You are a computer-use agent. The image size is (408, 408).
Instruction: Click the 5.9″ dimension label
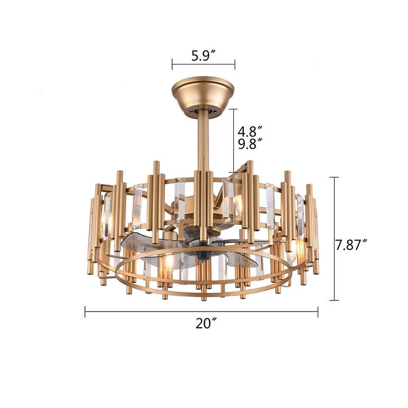(x=204, y=56)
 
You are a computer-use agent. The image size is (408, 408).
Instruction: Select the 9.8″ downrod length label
(x=249, y=144)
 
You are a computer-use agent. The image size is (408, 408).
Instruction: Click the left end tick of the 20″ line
(x=85, y=312)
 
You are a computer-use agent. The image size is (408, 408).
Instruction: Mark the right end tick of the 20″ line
(x=318, y=312)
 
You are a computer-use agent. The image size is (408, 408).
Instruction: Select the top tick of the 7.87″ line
(x=334, y=177)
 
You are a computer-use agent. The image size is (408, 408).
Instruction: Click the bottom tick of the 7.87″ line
(x=334, y=300)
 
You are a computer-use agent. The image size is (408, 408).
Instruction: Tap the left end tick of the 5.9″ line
(x=172, y=65)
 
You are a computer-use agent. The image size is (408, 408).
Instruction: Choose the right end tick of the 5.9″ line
(x=235, y=65)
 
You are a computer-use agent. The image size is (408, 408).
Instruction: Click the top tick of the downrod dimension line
(x=234, y=109)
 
